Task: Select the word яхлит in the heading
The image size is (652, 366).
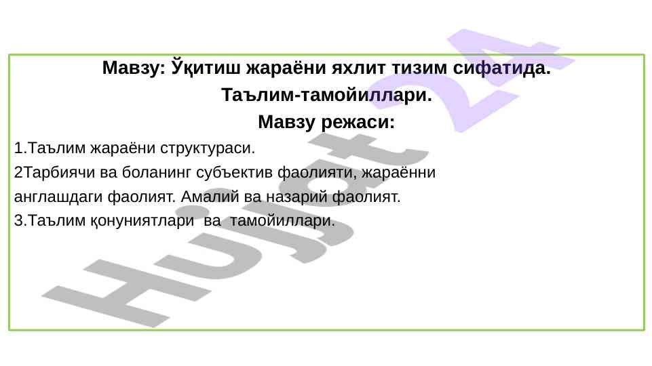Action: [358, 68]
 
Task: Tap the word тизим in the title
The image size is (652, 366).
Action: [419, 68]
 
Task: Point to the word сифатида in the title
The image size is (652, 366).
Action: [501, 68]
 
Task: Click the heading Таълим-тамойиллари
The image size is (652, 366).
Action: [326, 95]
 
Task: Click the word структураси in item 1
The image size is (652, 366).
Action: [208, 148]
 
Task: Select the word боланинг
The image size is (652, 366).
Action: [156, 172]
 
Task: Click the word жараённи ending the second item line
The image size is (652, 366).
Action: [398, 172]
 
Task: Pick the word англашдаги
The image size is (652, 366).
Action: [58, 197]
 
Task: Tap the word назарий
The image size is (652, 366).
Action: [296, 197]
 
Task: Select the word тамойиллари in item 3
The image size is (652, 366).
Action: [282, 220]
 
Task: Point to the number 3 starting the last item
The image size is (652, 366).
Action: [19, 220]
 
